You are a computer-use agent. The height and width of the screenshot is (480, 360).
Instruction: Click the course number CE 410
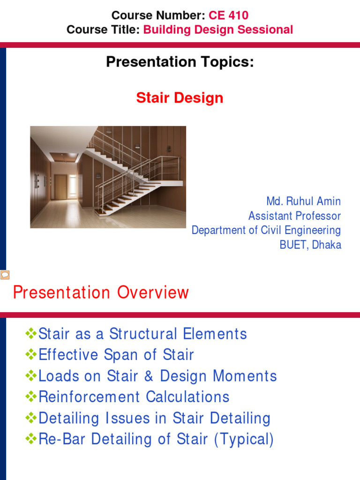(x=229, y=15)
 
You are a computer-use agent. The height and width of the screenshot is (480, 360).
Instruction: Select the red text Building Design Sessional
(x=218, y=30)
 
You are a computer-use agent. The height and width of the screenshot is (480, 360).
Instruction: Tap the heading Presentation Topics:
(x=180, y=62)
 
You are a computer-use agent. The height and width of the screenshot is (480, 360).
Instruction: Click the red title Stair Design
(x=180, y=98)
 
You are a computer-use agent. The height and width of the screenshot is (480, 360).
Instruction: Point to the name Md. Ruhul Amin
(x=303, y=202)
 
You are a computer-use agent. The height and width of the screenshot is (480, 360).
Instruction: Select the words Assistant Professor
(x=294, y=216)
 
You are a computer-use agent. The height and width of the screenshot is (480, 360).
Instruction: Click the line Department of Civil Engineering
(x=266, y=231)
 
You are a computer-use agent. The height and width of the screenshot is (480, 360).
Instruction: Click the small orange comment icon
(x=5, y=275)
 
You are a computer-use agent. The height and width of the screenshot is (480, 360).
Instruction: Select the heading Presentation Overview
(x=101, y=292)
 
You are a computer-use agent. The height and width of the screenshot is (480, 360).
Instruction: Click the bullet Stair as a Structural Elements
(x=142, y=334)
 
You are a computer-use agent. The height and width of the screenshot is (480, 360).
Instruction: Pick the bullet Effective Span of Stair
(x=116, y=355)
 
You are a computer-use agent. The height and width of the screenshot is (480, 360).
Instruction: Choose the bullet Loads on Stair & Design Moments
(x=157, y=376)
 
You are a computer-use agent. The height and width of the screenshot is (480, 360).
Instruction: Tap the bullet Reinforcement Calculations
(x=134, y=397)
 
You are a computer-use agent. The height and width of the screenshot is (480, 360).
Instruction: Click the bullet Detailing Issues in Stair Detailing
(x=154, y=418)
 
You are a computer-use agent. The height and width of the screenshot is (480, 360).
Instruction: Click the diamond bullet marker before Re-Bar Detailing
(x=31, y=439)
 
